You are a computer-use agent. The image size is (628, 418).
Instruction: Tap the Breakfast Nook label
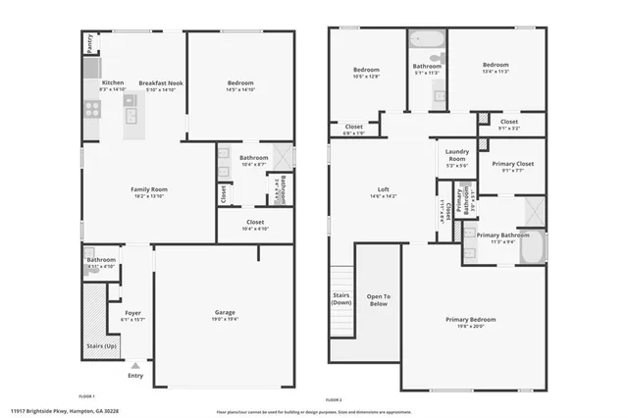[x=160, y=83]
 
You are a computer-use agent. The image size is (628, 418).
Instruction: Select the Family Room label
[x=149, y=188]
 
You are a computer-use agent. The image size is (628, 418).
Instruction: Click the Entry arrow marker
[x=134, y=365]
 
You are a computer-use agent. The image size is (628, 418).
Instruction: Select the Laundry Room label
[x=456, y=154]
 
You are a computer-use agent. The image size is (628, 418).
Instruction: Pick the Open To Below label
[x=379, y=300]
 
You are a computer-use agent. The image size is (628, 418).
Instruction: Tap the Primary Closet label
[x=511, y=164]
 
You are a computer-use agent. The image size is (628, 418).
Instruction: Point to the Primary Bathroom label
[x=501, y=235]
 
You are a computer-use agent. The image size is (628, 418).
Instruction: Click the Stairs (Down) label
[x=340, y=298]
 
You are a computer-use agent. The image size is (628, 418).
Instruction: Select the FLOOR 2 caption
[x=334, y=399]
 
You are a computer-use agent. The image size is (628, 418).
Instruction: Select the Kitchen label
[x=113, y=83]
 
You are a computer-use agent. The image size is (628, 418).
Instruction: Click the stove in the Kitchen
[x=91, y=109]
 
